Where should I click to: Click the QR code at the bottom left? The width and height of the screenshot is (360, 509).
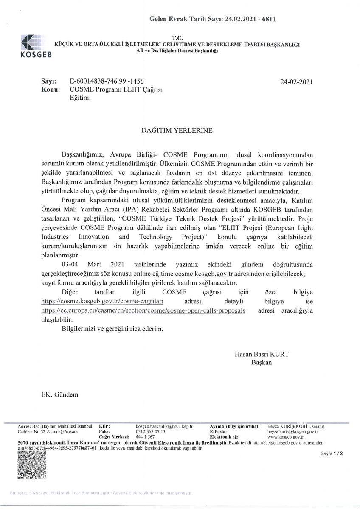pos(32,465)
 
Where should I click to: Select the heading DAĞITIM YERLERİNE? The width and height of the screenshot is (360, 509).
pos(177,131)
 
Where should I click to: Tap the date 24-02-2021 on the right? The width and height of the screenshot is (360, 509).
pos(296,82)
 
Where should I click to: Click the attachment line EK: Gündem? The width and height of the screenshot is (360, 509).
pos(60,394)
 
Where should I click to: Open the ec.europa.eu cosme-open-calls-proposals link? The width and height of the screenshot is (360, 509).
pos(143,310)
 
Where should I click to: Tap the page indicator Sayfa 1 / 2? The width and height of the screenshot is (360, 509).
pos(332,453)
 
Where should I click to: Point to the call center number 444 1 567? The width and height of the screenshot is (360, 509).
pos(145,436)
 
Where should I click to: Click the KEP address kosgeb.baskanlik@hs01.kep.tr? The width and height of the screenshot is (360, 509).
pos(164,425)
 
